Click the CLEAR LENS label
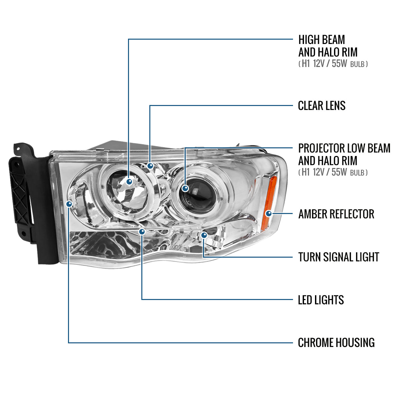[x=321, y=106]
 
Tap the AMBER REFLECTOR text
[x=336, y=214]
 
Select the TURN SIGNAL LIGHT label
[x=338, y=257]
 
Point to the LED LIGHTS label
[x=321, y=300]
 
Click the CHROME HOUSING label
[x=336, y=343]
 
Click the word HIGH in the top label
[x=308, y=40]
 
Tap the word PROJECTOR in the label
[x=321, y=148]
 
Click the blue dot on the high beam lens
[x=129, y=182]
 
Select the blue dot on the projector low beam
[x=185, y=189]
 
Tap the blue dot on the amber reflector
[x=268, y=213]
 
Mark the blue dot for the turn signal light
[x=204, y=235]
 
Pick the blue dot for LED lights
[x=142, y=231]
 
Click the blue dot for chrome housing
[x=69, y=204]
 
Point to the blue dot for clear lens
[x=150, y=165]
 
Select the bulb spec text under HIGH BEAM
[x=333, y=64]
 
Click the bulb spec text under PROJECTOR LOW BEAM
[x=333, y=172]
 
